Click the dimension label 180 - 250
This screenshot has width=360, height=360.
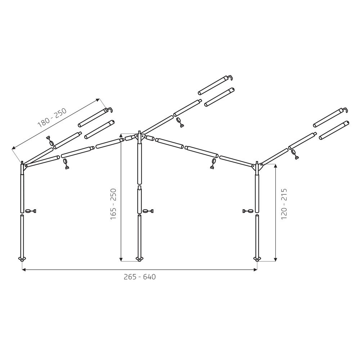tap(52, 118)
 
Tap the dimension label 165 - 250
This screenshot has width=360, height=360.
tap(114, 204)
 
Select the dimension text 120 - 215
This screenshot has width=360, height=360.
tap(284, 204)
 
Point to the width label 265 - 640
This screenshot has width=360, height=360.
tap(140, 276)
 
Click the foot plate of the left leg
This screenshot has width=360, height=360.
tap(22, 259)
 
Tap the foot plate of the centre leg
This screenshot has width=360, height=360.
tap(139, 259)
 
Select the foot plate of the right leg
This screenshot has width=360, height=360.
tap(257, 259)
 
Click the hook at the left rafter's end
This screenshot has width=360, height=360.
tap(111, 110)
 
